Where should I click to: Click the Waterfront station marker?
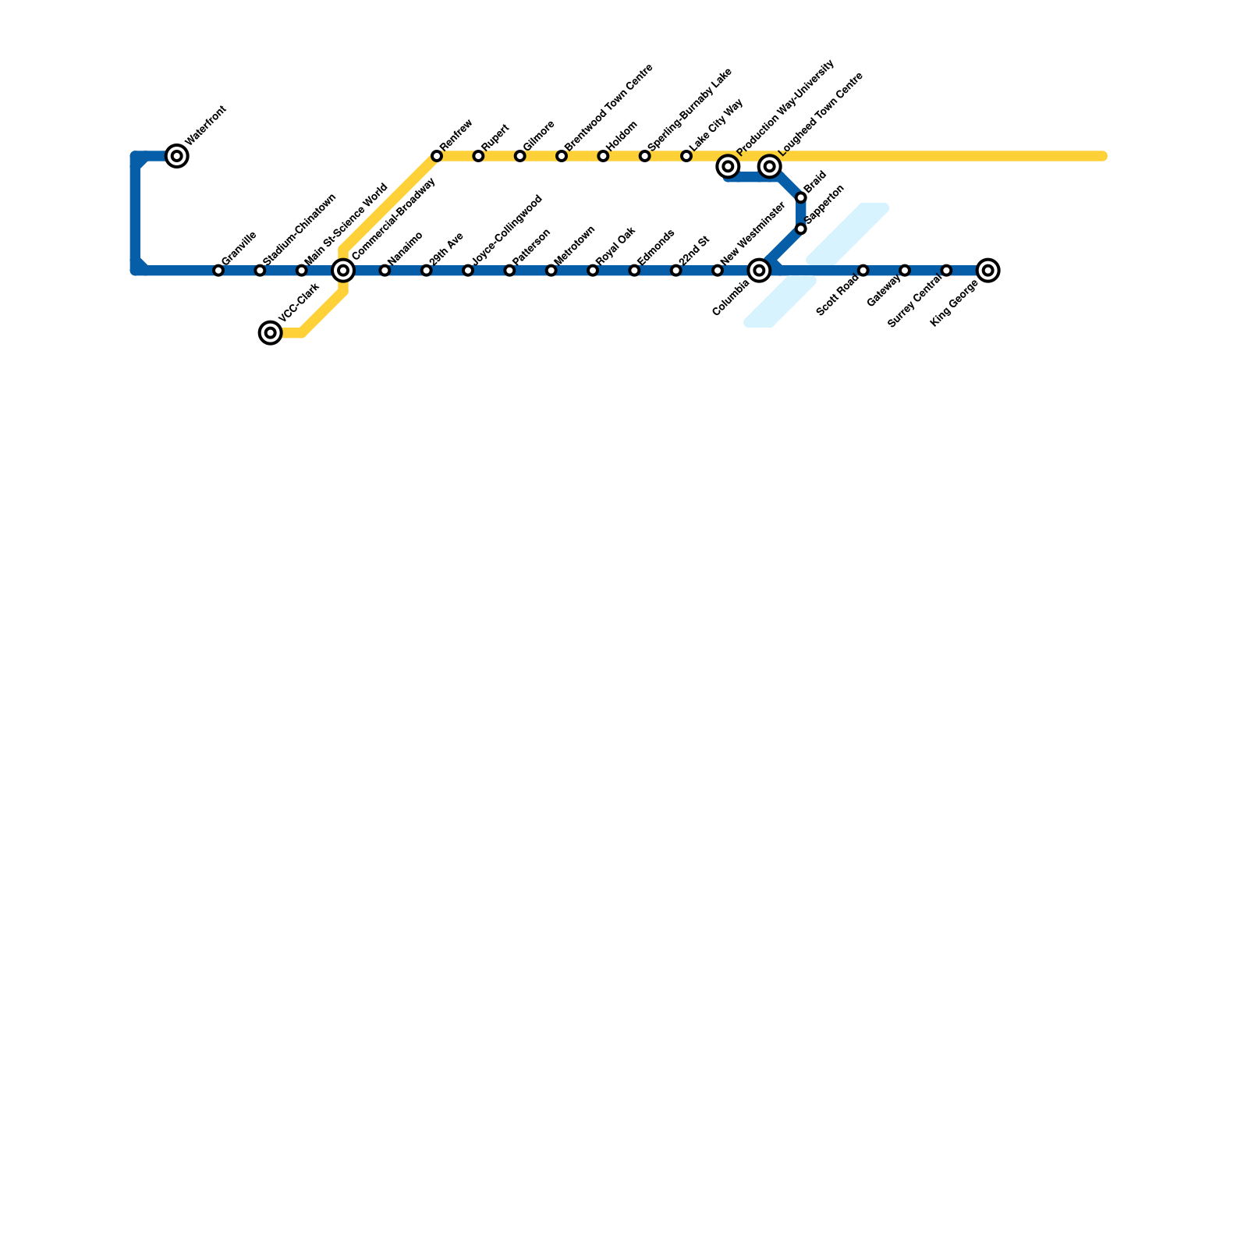[178, 157]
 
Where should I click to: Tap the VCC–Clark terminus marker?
[271, 333]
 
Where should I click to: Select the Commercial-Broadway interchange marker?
[343, 271]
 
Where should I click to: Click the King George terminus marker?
[988, 271]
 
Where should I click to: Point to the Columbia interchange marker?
[760, 271]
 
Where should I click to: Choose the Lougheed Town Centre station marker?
[770, 166]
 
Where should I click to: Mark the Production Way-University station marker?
[729, 166]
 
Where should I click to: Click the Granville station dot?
[218, 271]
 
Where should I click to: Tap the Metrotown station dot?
[551, 271]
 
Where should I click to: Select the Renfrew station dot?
[437, 157]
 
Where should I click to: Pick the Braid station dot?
[801, 198]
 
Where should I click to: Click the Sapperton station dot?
[801, 229]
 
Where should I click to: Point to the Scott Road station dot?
[863, 271]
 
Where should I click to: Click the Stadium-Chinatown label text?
[300, 228]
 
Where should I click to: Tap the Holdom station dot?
[603, 157]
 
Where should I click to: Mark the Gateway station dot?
[905, 271]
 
